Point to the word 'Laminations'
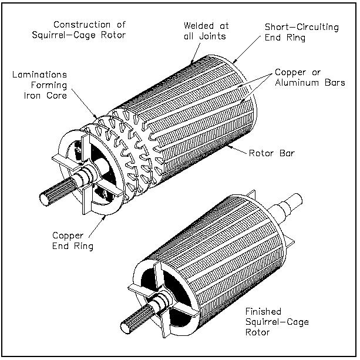click(39, 76)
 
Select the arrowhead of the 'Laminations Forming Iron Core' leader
click(97, 119)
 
